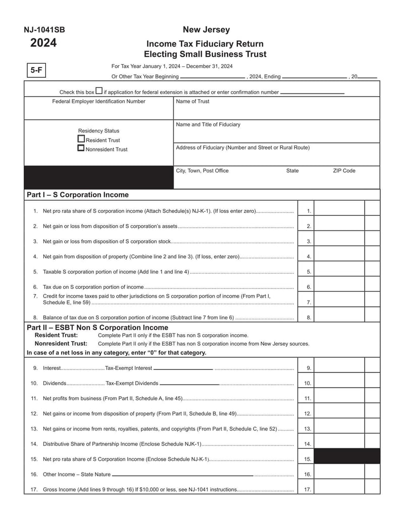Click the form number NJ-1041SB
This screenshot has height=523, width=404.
coord(44,30)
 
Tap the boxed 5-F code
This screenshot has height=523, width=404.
coord(36,70)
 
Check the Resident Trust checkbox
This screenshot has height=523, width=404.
coord(81,139)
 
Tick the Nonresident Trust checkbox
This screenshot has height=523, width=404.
coord(81,149)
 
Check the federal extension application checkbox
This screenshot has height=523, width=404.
coord(99,91)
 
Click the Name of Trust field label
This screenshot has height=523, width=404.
coord(192,102)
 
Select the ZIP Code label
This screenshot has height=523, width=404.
coord(344,171)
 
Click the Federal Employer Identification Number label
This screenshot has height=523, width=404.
coord(98,102)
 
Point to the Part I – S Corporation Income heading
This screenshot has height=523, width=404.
coord(78,195)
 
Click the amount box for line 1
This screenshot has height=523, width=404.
coord(339,211)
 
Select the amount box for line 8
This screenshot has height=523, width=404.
coord(339,317)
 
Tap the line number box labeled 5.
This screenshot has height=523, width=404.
coord(309,272)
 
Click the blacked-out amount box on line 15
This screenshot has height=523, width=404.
coord(347,456)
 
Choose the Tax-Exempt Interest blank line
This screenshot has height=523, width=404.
coord(183,369)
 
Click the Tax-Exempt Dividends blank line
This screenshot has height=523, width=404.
coord(189,384)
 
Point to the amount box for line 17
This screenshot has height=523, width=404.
coord(339,490)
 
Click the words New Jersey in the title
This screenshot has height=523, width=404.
coord(206,30)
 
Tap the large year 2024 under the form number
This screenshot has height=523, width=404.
coord(43,43)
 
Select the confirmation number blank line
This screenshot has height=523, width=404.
coord(312,93)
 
